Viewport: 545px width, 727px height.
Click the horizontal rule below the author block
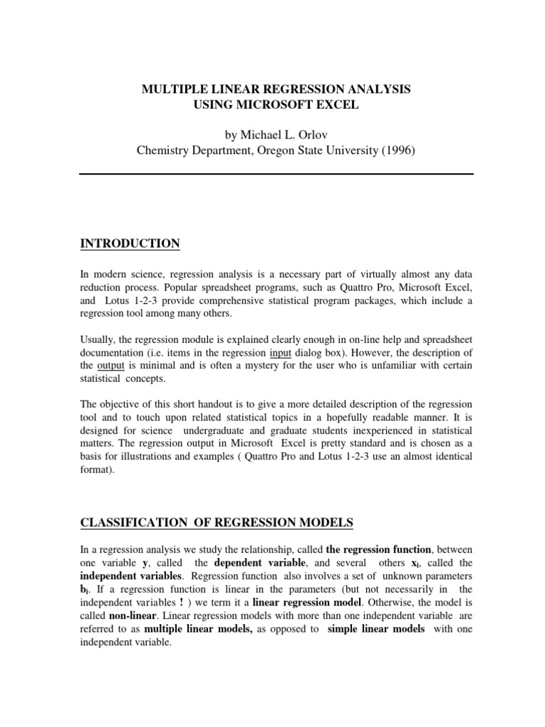[275, 174]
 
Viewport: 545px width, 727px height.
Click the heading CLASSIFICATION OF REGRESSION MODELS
[216, 523]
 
